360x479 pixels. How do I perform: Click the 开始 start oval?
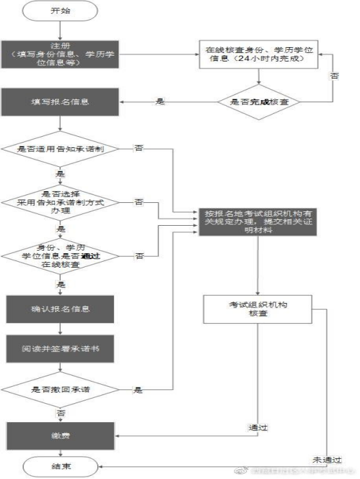coord(60,11)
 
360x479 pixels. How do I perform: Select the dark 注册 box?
coord(60,53)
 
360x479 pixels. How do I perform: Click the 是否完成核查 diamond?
coord(259,103)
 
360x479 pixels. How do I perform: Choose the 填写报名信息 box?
coord(60,103)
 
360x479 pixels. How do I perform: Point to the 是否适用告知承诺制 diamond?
coord(60,149)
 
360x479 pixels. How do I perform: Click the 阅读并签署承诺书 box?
coord(60,349)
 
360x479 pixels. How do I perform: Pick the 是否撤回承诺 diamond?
coord(60,390)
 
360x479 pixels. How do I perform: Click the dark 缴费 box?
coord(60,434)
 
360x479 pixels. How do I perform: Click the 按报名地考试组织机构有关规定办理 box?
coord(259,224)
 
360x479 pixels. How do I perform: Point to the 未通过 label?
coord(327,459)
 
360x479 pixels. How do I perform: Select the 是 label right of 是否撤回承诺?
coord(138,390)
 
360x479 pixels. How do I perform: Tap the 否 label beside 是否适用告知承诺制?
coord(139,149)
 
